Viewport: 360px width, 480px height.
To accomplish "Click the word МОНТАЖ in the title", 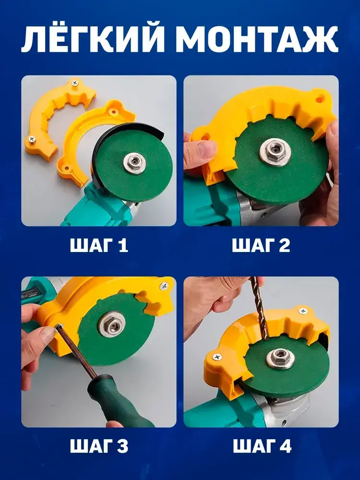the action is (257, 40).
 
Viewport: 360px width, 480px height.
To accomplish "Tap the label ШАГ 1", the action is (99, 245).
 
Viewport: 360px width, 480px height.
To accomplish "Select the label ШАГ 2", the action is (261, 245).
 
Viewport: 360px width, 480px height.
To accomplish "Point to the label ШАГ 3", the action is (99, 446).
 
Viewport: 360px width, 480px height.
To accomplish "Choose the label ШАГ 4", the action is (262, 446).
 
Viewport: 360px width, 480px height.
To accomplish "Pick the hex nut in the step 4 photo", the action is (280, 358).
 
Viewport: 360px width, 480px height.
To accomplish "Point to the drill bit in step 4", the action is (260, 309).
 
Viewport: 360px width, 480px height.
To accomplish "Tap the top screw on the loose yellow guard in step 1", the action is (75, 83).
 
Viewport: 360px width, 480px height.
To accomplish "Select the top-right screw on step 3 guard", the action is (164, 287).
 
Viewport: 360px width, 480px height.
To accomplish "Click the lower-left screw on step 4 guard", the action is (217, 357).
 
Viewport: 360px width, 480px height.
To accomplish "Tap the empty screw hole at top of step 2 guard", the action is (319, 99).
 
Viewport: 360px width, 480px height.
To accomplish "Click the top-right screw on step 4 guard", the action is (303, 311).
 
